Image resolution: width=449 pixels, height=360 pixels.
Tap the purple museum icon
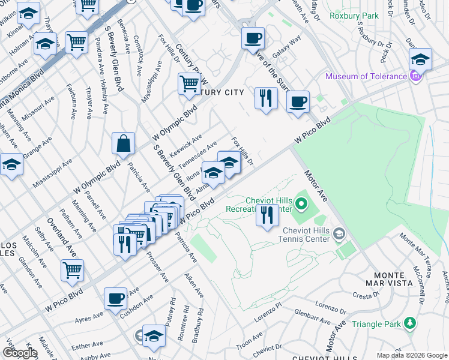click(414, 76)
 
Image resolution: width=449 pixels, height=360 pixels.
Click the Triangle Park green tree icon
click(411, 323)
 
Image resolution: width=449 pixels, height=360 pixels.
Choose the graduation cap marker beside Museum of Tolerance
click(421, 60)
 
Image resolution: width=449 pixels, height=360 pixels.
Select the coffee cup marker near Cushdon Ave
click(115, 298)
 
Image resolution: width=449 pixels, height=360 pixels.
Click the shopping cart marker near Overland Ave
click(73, 271)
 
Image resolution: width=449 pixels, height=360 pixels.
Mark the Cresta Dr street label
click(364, 296)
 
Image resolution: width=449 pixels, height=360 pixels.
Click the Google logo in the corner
click(20, 353)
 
